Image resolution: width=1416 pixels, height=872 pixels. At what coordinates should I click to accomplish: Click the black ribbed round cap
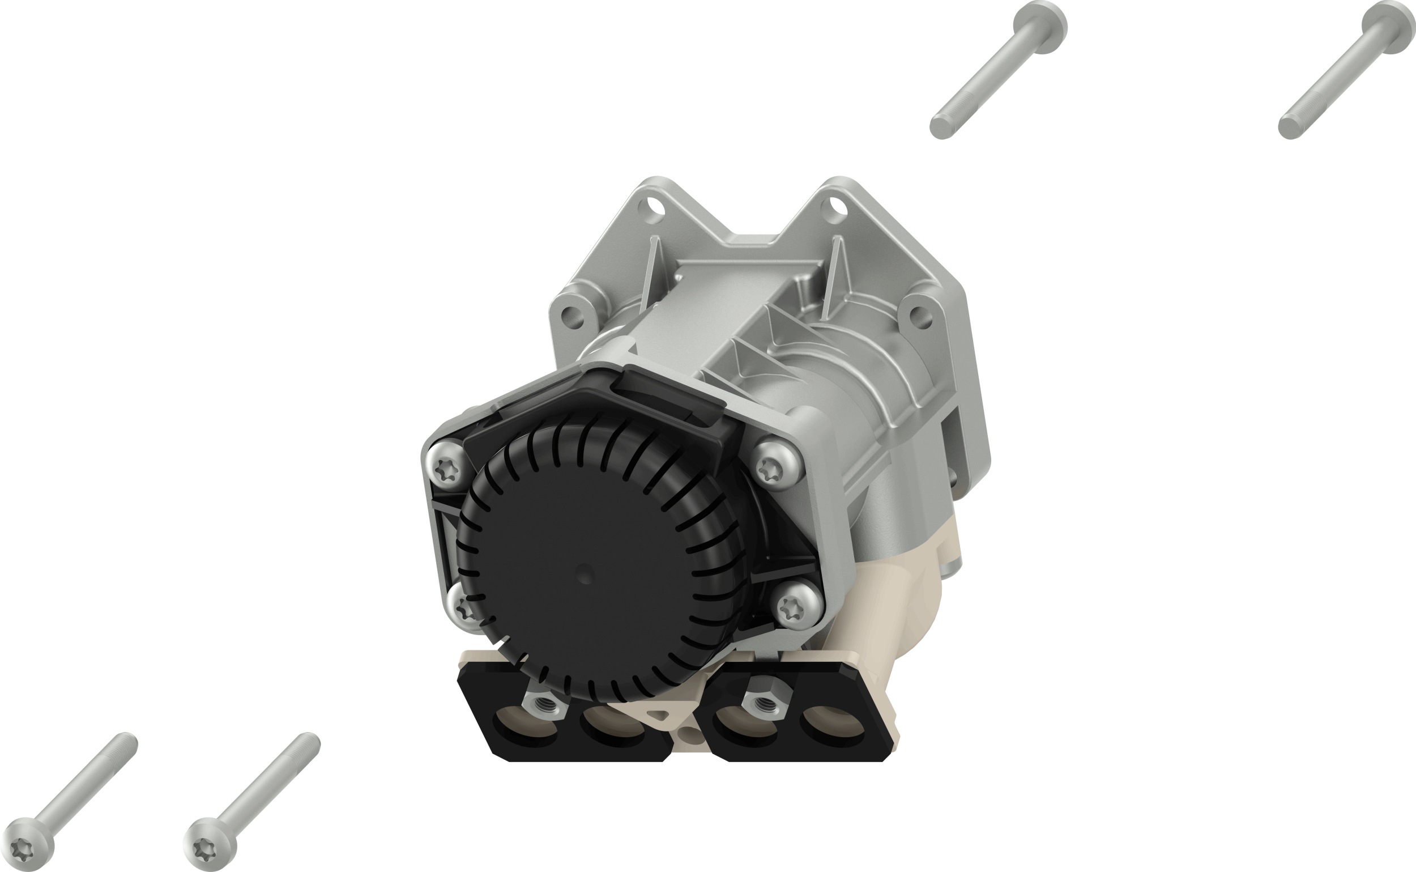point(600,554)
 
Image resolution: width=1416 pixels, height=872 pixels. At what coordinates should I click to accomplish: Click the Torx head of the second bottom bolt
point(208,845)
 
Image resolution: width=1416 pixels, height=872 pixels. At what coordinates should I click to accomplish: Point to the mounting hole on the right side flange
point(921,317)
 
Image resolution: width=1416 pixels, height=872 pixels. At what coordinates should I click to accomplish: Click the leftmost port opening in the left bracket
point(526,726)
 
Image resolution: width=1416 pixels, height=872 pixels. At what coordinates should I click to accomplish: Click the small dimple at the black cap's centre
point(585,574)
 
